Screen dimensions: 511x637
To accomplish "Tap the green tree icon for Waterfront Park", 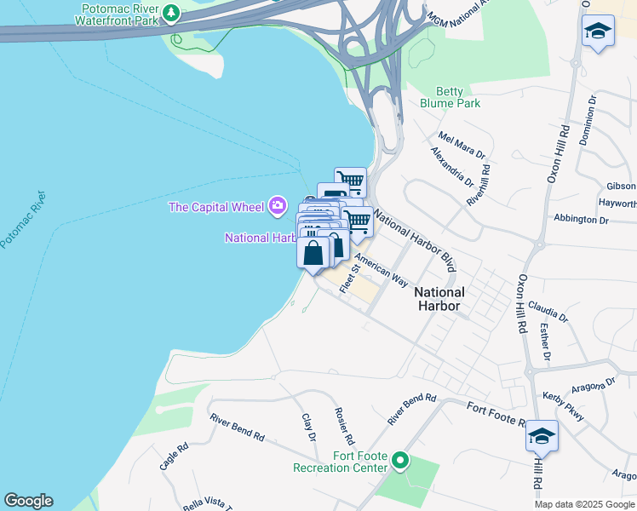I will coord(173,13).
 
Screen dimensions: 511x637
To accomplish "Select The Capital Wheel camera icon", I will coord(278,205).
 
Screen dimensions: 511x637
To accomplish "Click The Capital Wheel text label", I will coord(217,206).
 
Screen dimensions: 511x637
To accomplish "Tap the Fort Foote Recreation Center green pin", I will coord(400,462).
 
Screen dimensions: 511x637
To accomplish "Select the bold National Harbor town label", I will coord(438,298).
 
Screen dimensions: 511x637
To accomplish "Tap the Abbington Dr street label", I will coord(581,219).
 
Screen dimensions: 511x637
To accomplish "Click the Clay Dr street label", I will coord(309,428).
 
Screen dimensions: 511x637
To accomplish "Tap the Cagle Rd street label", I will coord(173,457).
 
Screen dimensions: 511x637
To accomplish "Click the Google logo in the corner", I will coord(28,501).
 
